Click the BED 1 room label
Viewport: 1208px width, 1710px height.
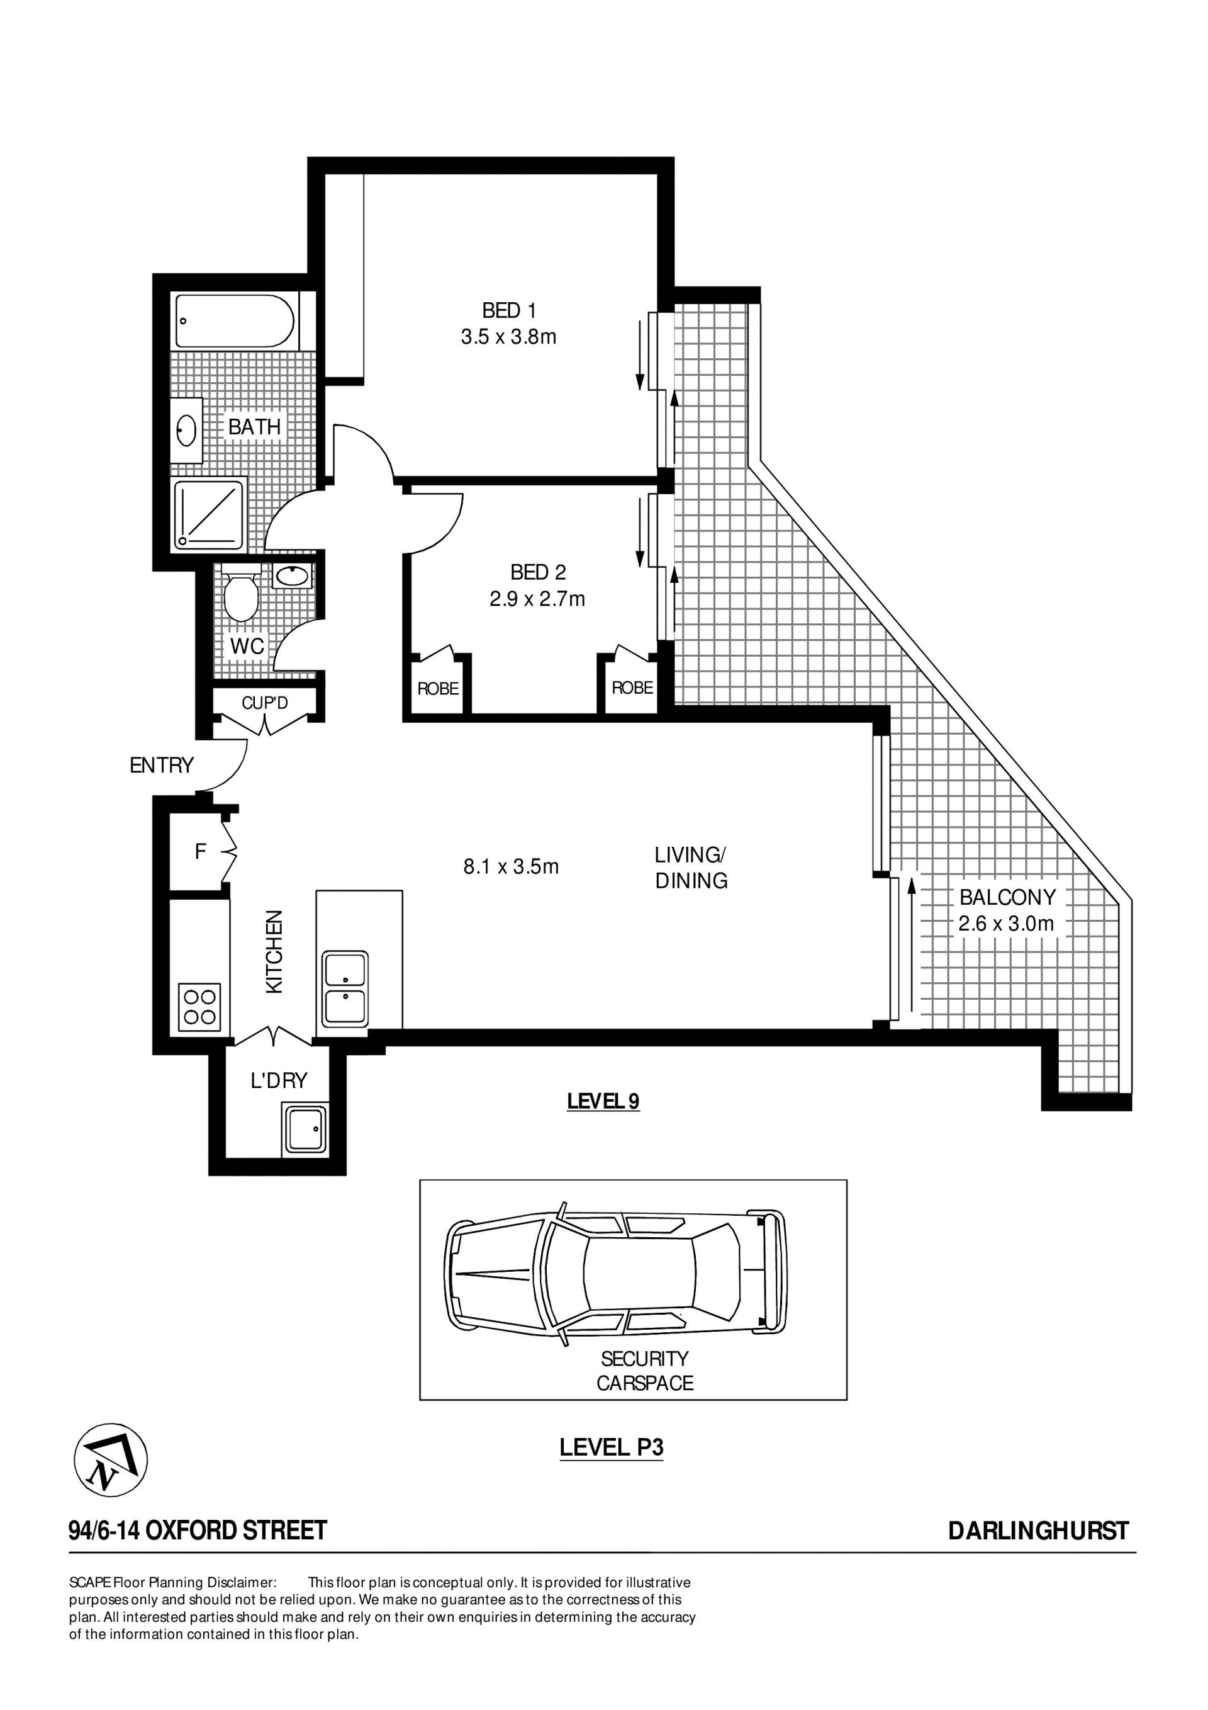click(x=509, y=310)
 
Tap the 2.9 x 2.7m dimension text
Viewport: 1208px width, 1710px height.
click(x=537, y=599)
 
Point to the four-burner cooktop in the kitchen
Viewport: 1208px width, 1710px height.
click(x=199, y=1007)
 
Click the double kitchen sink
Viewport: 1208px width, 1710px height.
click(x=345, y=989)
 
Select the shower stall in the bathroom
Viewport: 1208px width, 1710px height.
click(x=209, y=516)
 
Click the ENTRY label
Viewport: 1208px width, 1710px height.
click(x=162, y=765)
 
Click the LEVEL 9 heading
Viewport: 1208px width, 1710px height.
click(x=603, y=1101)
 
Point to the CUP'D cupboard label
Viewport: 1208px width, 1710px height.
click(x=264, y=703)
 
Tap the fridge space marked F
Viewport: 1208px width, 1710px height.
click(x=199, y=851)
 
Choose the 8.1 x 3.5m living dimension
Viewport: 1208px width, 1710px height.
click(x=511, y=866)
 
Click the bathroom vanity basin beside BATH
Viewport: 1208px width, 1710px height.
click(x=187, y=431)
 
